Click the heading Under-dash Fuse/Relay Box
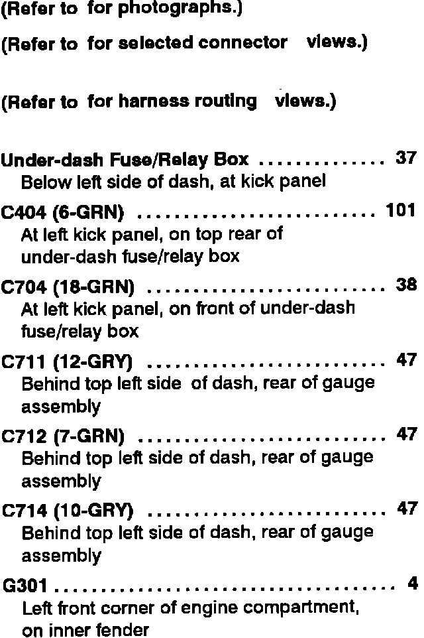click(x=125, y=160)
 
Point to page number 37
click(x=405, y=159)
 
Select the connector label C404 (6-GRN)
click(x=68, y=213)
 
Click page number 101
click(x=400, y=211)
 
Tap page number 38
click(x=405, y=285)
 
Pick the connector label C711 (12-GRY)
click(x=68, y=362)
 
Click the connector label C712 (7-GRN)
click(x=64, y=436)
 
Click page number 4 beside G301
click(x=413, y=584)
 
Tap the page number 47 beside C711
click(x=405, y=360)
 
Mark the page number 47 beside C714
click(x=406, y=509)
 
